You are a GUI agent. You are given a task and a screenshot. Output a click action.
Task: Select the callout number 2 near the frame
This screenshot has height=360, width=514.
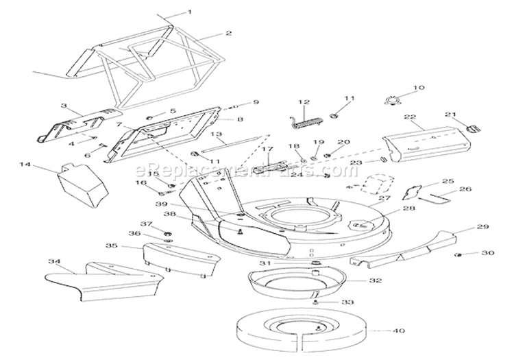pyautogui.click(x=228, y=32)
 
